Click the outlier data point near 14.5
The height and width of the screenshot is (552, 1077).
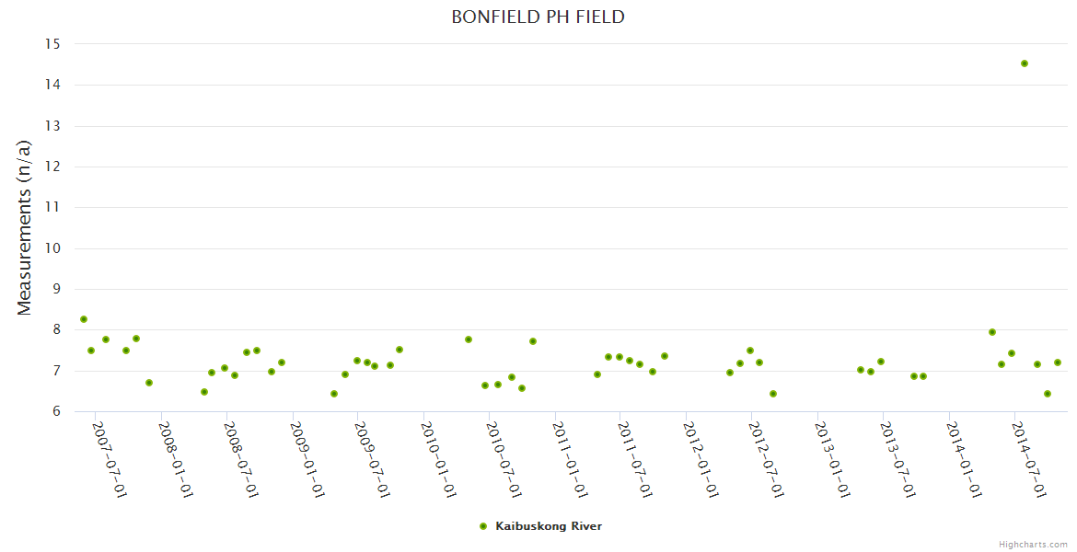coord(1024,63)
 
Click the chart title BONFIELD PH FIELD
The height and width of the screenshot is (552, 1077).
coord(538,17)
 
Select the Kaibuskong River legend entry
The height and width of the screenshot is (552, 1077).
coord(549,526)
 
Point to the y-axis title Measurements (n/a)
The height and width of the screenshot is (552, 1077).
coord(25,228)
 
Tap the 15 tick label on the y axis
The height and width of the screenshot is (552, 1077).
coord(52,44)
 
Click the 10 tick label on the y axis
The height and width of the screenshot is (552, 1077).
coord(52,248)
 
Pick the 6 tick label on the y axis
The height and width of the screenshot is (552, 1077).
coord(55,411)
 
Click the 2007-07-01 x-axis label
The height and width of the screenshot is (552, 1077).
coord(110,459)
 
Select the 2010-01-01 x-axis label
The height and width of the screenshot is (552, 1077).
coord(438,459)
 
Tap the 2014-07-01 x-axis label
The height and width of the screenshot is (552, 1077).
coord(1029,459)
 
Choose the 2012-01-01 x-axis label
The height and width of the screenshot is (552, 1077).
coord(701,459)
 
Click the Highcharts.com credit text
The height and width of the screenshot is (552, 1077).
coord(1033,545)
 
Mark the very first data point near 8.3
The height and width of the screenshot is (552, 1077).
coord(84,319)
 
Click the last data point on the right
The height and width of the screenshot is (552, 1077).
coord(1058,362)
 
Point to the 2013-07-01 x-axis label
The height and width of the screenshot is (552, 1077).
coord(897,459)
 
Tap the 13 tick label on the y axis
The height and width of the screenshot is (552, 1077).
coord(52,126)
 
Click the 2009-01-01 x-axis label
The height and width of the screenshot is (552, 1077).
coord(307,459)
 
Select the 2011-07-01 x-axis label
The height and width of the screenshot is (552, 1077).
coord(635,459)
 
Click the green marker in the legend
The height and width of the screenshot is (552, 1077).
coord(483,526)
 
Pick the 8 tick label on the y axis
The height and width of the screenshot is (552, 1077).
coord(55,330)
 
